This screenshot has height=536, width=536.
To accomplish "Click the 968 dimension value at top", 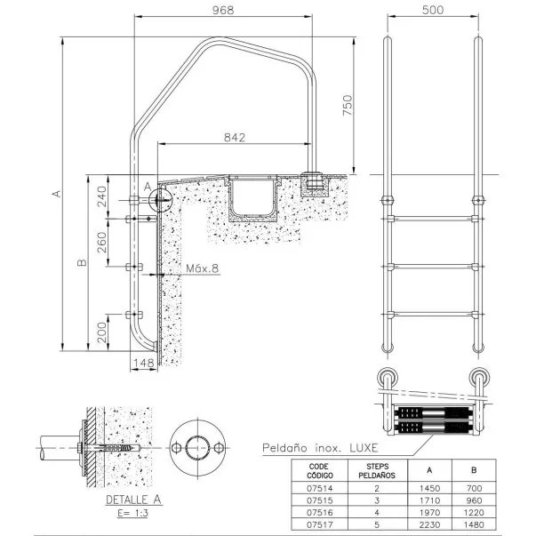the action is [223, 10].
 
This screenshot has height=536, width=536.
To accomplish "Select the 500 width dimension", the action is [433, 10].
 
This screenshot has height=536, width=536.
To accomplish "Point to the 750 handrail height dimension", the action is [347, 105].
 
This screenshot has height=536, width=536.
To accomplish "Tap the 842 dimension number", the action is [235, 138].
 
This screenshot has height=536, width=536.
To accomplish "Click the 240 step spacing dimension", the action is [102, 196].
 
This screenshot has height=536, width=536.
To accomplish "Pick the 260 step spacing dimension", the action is [102, 242].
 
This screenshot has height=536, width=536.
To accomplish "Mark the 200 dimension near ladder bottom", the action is [102, 332].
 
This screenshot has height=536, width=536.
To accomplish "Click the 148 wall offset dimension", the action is [143, 363].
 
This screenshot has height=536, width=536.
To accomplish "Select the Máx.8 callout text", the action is [202, 268].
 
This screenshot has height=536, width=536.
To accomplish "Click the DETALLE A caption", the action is [133, 500].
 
